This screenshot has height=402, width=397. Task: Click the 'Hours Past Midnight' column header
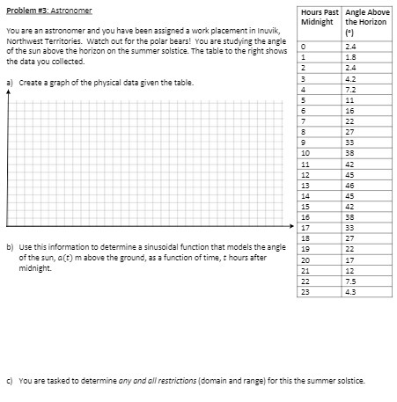click(x=320, y=17)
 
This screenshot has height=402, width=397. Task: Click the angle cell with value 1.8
click(x=351, y=56)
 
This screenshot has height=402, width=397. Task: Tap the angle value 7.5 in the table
click(x=351, y=281)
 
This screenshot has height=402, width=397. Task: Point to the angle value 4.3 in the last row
click(x=351, y=292)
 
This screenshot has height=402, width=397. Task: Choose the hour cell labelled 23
click(x=305, y=292)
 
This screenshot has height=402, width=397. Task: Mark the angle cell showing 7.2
click(x=351, y=88)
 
